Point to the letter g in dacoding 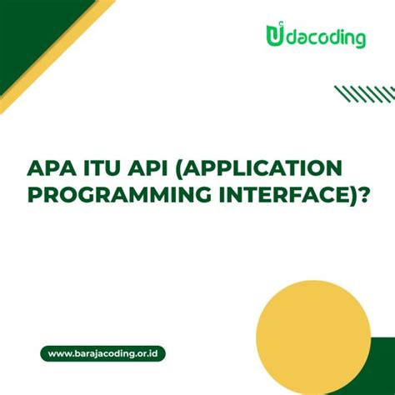click(x=359, y=41)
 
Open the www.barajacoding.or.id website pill click(x=102, y=353)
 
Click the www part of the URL click(x=57, y=353)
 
